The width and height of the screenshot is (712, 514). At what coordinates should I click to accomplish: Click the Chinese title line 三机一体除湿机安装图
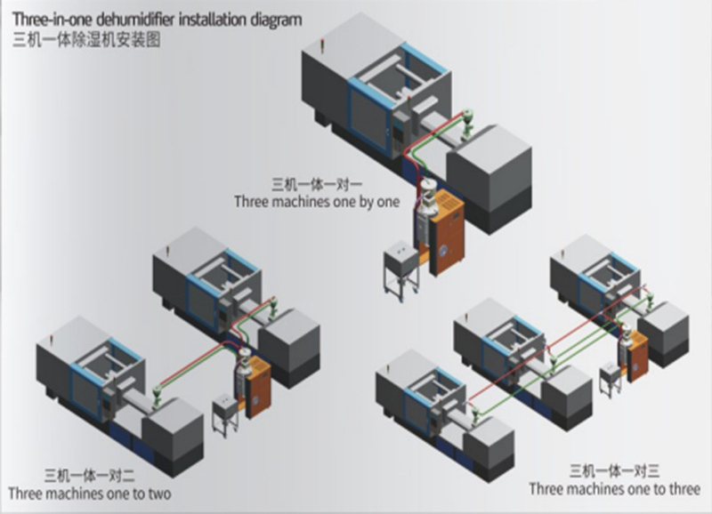[86, 40]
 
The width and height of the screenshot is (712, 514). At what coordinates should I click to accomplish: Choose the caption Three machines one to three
[614, 488]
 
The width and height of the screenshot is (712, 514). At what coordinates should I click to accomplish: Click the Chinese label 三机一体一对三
[614, 471]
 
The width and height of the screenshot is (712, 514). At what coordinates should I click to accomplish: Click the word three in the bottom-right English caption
[681, 488]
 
